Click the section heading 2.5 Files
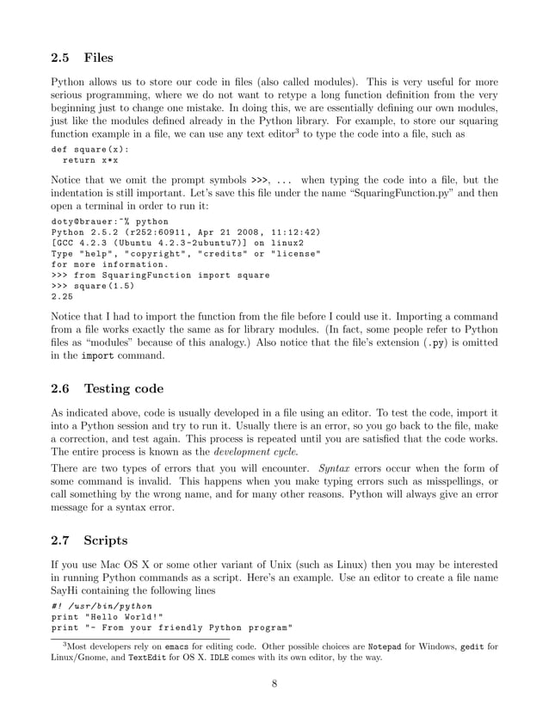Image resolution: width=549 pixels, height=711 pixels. pyautogui.click(x=82, y=59)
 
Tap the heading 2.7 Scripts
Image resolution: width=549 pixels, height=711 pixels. pyautogui.click(x=89, y=540)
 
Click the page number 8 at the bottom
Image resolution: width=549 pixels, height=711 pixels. pyautogui.click(x=274, y=685)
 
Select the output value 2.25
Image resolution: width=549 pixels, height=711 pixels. pyautogui.click(x=65, y=297)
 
